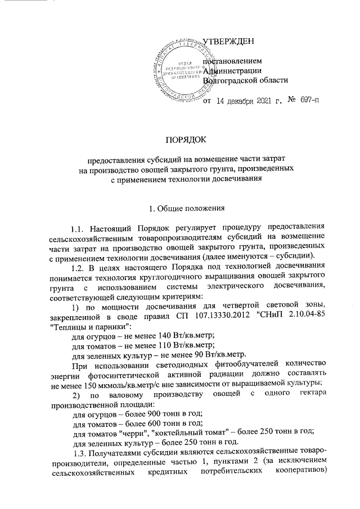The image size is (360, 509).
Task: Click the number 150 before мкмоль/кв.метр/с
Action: coord(91,385)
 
